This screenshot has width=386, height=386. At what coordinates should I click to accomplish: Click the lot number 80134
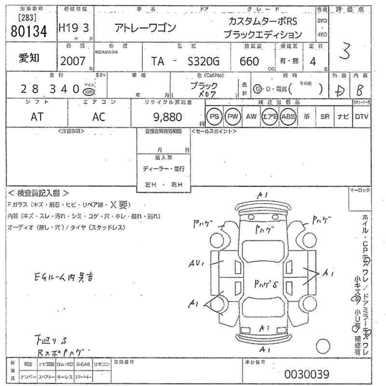[29, 31]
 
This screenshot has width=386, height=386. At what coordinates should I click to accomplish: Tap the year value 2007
[72, 61]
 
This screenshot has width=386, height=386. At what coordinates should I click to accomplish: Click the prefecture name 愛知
[29, 57]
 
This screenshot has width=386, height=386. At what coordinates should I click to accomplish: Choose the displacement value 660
[249, 61]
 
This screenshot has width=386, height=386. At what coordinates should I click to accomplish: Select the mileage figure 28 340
[44, 89]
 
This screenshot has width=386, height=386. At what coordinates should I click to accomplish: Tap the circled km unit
[88, 92]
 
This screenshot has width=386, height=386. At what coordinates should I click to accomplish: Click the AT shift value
[37, 116]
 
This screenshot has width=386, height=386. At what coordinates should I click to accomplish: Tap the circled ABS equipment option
[289, 116]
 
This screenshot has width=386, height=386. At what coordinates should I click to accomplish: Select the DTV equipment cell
[361, 116]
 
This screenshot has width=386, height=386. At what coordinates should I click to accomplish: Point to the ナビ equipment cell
[343, 116]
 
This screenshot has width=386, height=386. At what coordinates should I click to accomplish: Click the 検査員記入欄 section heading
[39, 193]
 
